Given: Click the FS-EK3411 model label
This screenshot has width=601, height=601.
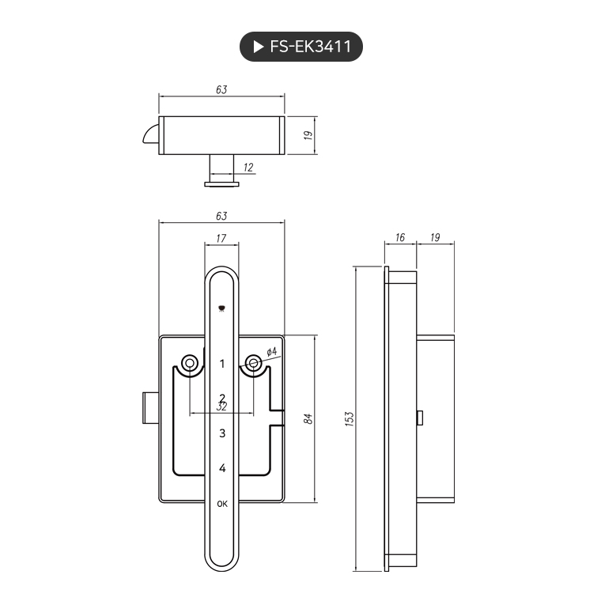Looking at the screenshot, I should click(310, 47).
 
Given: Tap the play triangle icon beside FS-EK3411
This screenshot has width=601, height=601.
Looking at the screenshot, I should click(258, 47).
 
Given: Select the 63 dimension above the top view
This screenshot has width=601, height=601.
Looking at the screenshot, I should click(221, 90).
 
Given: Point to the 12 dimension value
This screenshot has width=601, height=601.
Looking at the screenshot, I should click(248, 167).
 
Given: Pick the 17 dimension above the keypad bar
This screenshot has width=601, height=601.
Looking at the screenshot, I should click(221, 238).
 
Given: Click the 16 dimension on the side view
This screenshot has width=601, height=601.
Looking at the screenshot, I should click(399, 237).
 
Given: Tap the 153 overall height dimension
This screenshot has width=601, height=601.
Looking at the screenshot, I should click(350, 418).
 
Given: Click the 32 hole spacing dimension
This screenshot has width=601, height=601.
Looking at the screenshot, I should click(222, 406).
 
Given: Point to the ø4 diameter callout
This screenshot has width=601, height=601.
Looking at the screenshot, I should click(270, 351).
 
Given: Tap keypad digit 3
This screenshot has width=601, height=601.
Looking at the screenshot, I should click(222, 433).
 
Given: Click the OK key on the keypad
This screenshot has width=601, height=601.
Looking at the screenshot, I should click(222, 504).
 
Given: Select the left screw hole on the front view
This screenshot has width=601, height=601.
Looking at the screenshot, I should click(190, 363).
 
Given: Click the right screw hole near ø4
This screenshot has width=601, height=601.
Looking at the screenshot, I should click(253, 363).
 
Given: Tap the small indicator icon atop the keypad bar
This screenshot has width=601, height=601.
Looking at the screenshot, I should click(221, 309).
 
